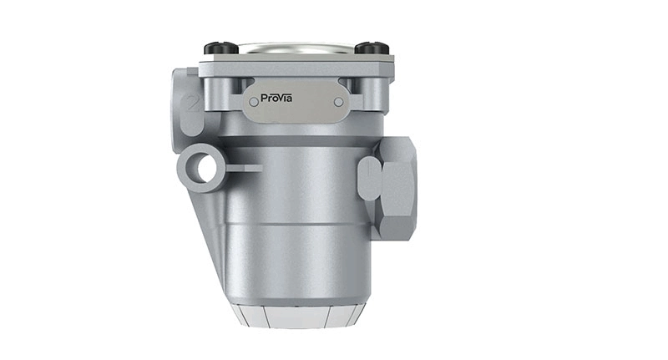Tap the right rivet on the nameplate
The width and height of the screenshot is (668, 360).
click(338, 102)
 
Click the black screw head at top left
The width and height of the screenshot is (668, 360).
click(222, 48)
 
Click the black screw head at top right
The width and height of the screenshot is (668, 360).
click(372, 48)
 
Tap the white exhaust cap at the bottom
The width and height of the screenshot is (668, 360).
click(296, 316)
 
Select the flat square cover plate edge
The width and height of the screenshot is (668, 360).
click(296, 66)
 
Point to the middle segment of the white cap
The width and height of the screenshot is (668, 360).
click(296, 318)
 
